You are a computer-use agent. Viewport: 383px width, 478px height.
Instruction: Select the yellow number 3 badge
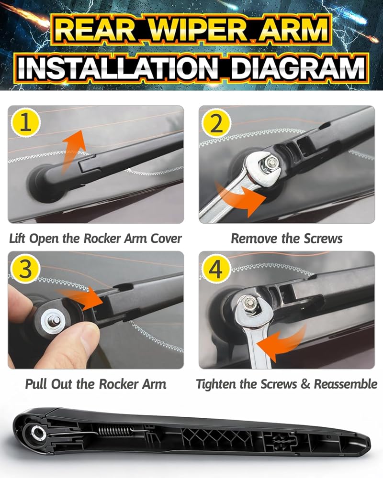click(26, 269)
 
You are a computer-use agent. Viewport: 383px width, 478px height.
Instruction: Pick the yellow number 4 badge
click(216, 269)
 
